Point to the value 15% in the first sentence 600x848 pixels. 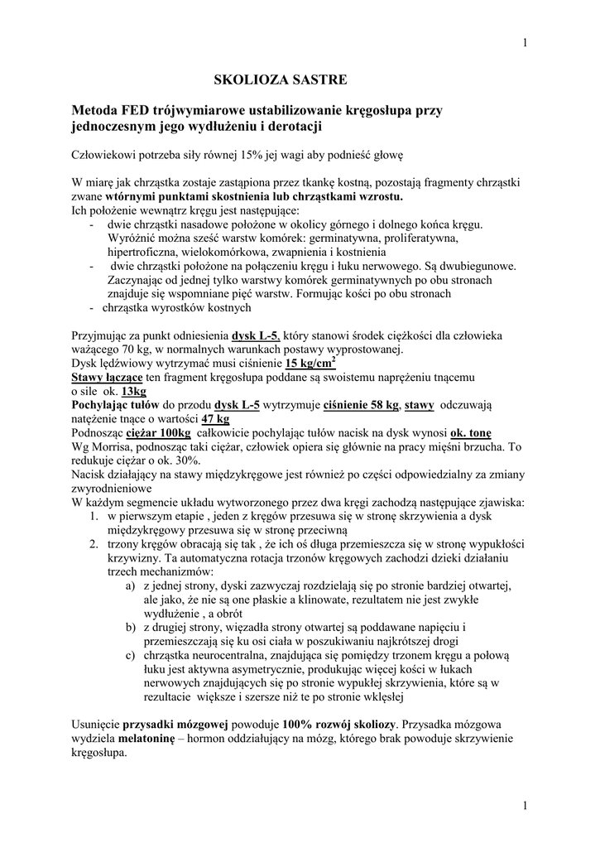click(249, 155)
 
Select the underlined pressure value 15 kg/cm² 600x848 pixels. click(311, 363)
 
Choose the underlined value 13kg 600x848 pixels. click(133, 391)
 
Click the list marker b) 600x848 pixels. click(129, 627)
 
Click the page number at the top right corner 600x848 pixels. click(526, 44)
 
